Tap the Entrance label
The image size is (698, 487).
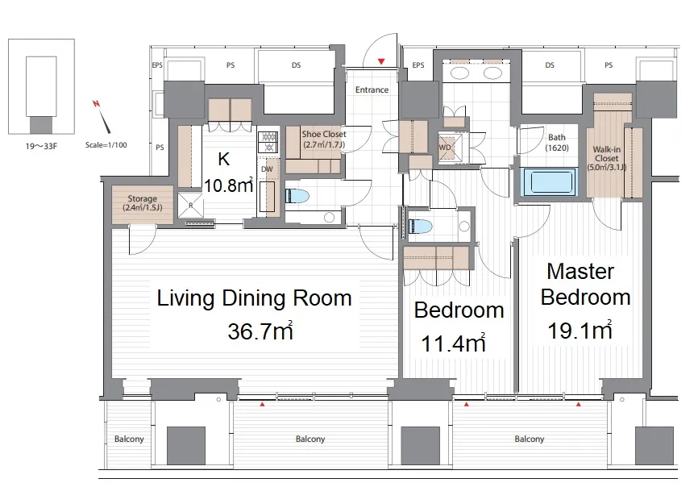click(x=372, y=90)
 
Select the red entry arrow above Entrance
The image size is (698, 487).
click(x=381, y=61)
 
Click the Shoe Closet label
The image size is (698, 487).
click(x=324, y=139)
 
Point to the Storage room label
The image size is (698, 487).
click(x=143, y=203)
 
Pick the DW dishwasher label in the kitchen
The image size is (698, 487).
click(x=267, y=169)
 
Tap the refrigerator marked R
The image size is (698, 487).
click(x=190, y=206)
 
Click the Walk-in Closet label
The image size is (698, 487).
click(x=607, y=158)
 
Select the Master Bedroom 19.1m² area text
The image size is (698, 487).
click(x=580, y=331)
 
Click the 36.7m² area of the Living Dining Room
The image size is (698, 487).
click(x=260, y=331)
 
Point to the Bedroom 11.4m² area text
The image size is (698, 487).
click(x=453, y=343)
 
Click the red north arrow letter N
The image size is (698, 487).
click(x=96, y=104)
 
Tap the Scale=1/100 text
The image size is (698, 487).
click(x=106, y=145)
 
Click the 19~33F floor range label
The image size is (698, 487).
click(x=41, y=146)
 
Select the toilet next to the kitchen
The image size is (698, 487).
click(x=297, y=196)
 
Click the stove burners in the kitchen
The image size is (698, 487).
click(x=268, y=142)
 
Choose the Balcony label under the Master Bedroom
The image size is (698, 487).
click(x=530, y=439)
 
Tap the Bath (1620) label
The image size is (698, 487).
click(x=557, y=143)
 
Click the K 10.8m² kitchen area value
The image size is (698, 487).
click(x=228, y=185)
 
